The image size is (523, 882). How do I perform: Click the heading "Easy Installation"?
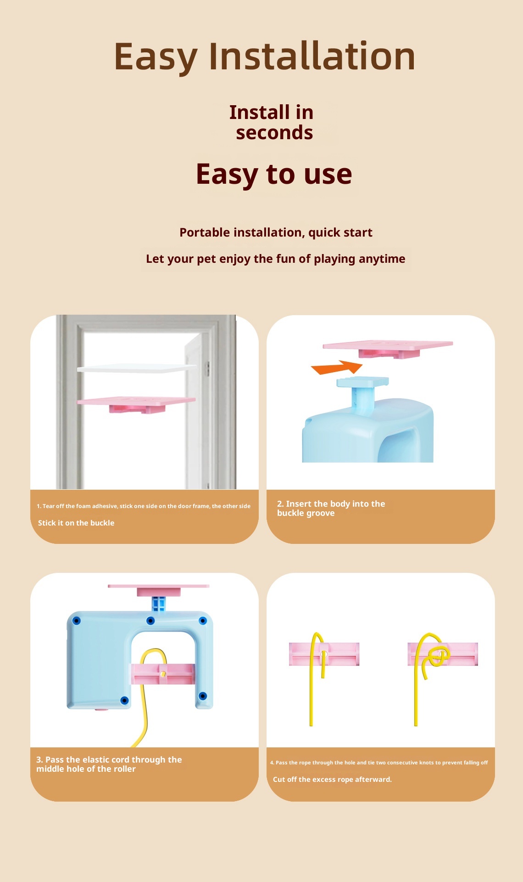(265, 57)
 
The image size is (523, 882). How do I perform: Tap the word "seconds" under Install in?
(274, 132)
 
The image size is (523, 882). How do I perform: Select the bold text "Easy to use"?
(274, 174)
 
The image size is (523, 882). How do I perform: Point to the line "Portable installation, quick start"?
(276, 232)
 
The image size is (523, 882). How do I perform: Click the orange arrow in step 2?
(337, 367)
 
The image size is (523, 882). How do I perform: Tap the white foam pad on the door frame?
(137, 368)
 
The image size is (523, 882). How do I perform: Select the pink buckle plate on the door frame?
(137, 404)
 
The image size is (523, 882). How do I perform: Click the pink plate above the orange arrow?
(388, 348)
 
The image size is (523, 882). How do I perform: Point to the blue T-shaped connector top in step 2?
(362, 381)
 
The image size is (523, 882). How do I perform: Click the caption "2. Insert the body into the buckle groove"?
(331, 508)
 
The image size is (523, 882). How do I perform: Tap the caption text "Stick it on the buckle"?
(76, 523)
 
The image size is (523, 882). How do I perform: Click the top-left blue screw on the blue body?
(77, 621)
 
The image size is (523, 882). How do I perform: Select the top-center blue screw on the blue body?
(150, 621)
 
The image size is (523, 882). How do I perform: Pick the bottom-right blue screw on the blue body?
(203, 696)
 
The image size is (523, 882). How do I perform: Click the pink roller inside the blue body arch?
(163, 674)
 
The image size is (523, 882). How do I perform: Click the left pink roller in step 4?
(324, 654)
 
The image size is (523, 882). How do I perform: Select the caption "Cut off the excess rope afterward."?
(332, 780)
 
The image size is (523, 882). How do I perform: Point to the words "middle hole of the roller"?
(86, 769)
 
